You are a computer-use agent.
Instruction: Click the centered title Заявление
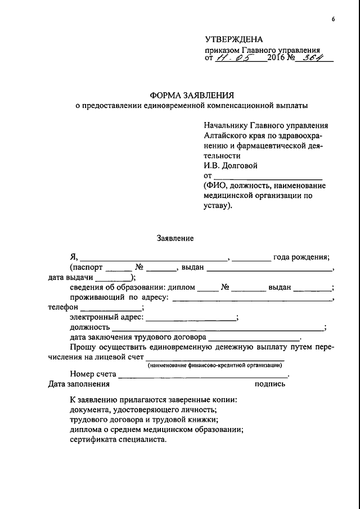click(175, 238)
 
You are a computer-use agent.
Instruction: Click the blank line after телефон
click(112, 308)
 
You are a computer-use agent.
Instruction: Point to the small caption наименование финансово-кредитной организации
click(215, 366)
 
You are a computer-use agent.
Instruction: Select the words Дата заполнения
click(79, 384)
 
